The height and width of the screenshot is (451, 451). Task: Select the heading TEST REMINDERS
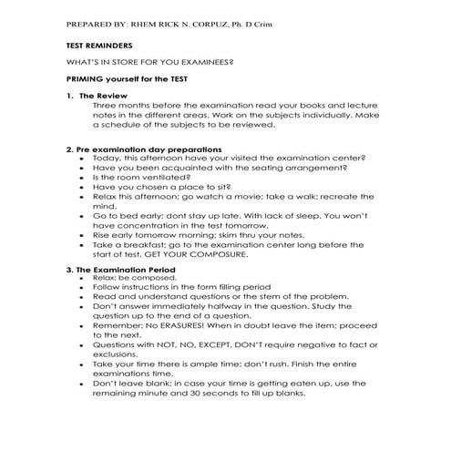pyautogui.click(x=99, y=45)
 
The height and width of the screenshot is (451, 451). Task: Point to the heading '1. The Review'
pyautogui.click(x=94, y=96)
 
